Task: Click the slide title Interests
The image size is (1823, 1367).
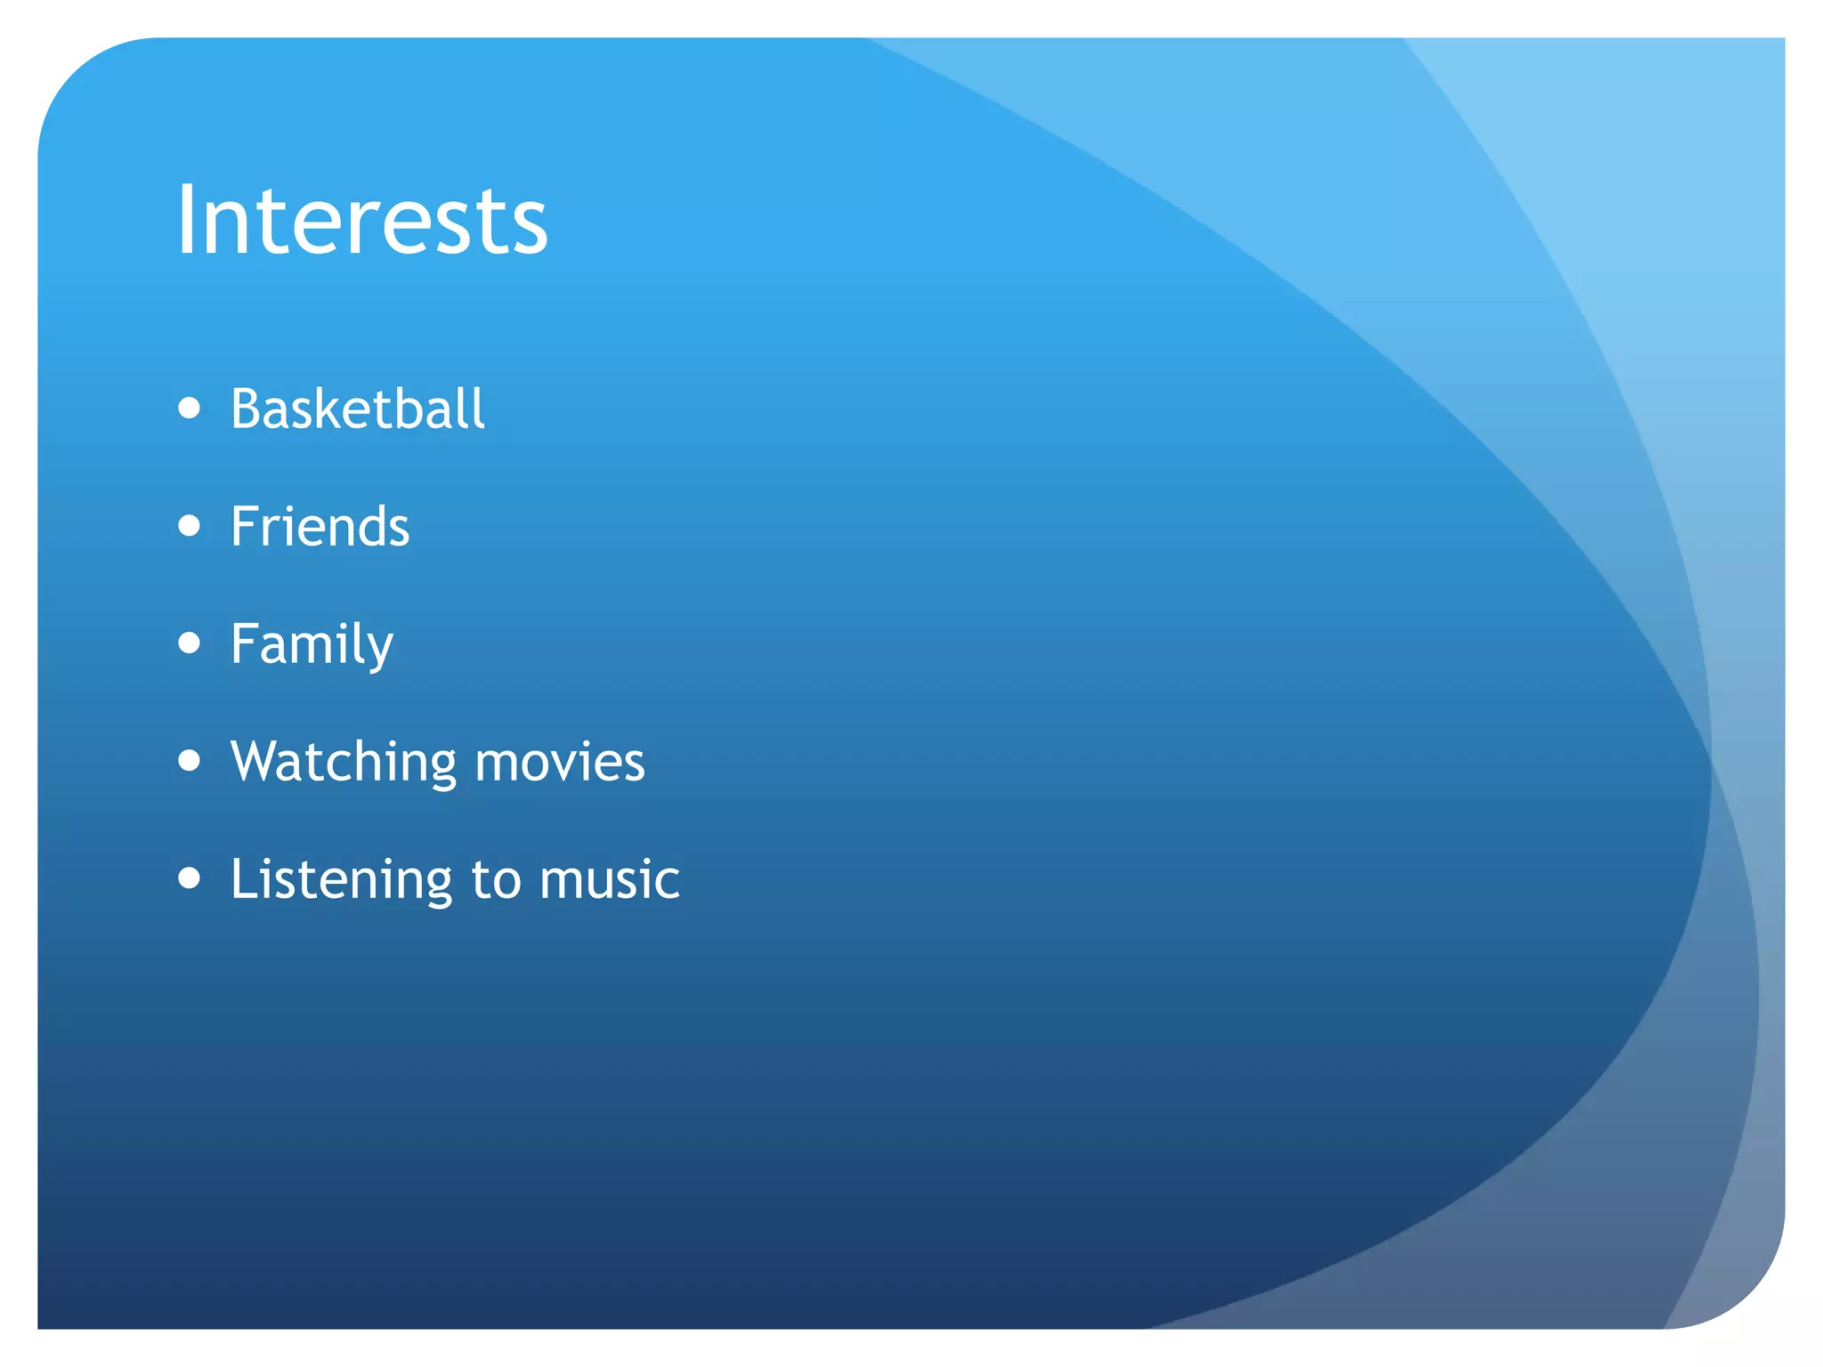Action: [x=361, y=220]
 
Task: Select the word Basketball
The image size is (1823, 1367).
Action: [x=357, y=409]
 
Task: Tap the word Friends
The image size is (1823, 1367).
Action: [x=320, y=526]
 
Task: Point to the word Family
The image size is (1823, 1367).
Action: [x=312, y=644]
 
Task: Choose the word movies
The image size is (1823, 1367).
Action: [x=560, y=763]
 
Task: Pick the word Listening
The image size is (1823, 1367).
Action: [x=341, y=880]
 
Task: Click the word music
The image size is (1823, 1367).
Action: [x=610, y=880]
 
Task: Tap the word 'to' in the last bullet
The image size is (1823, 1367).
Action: [x=496, y=880]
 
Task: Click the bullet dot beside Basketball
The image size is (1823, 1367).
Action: [x=189, y=408]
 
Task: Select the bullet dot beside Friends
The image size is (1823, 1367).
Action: [x=189, y=525]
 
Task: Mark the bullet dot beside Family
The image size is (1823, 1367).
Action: [x=189, y=643]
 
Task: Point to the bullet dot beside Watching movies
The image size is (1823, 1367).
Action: [x=189, y=761]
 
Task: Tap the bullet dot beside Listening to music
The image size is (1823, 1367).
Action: [x=189, y=878]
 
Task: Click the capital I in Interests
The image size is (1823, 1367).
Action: [x=185, y=220]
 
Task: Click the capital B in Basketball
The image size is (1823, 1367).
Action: [x=246, y=409]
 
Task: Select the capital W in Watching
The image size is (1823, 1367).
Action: [x=258, y=763]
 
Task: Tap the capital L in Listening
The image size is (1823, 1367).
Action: [x=243, y=879]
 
